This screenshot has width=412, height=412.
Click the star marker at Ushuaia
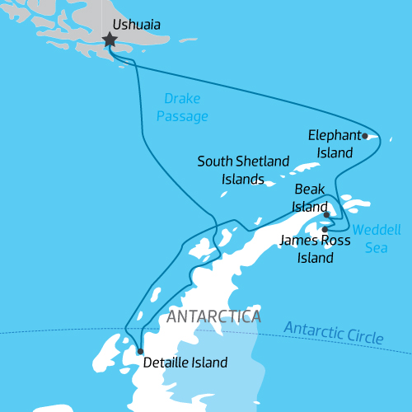[x=109, y=40]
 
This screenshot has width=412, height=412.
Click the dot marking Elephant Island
[x=365, y=136]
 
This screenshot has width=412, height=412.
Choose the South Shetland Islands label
[x=243, y=170]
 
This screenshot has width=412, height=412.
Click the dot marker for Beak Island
[x=327, y=215]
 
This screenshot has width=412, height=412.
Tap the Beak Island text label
[x=311, y=199]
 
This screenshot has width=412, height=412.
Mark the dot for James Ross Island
[x=325, y=229]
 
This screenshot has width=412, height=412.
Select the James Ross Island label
[x=315, y=250]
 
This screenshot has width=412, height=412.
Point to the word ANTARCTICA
[x=213, y=316]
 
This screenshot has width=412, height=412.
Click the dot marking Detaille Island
[x=140, y=352]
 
